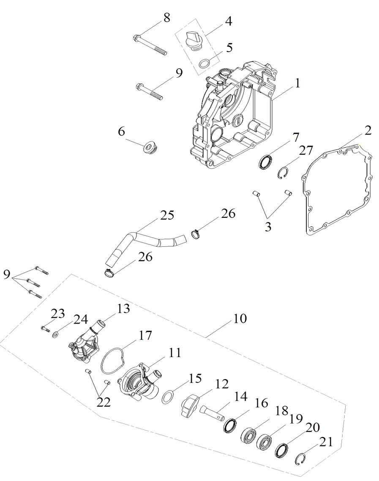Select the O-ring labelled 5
coord(205,64)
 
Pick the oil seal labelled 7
coord(265,162)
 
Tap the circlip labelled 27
coord(284,173)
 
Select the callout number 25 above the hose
coord(166,215)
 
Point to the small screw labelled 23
coord(45,329)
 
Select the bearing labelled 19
coord(264,441)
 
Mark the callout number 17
coord(145,335)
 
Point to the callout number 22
coord(104,402)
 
